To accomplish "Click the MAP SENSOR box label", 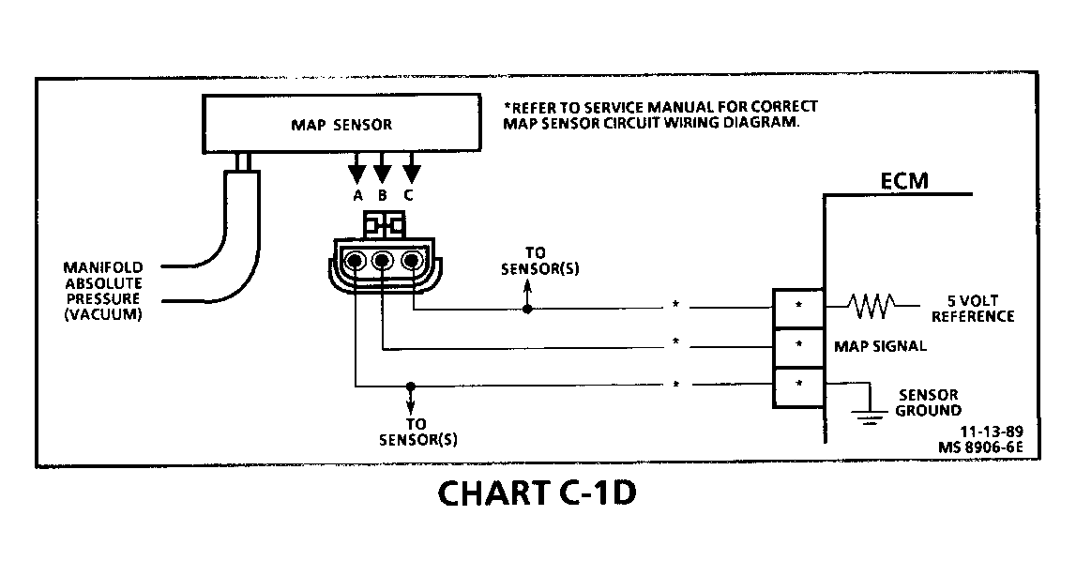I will tap(341, 124).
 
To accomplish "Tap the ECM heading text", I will tap(904, 180).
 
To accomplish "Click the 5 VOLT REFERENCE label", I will tap(972, 309).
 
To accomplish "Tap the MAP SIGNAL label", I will tap(880, 345).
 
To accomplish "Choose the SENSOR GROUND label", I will tap(928, 402).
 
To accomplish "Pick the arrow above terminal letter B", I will tap(383, 170).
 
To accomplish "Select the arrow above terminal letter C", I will tap(410, 170).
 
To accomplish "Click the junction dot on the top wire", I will tap(527, 307).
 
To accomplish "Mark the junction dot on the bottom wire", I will tap(410, 386).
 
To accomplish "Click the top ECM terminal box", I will tap(797, 306).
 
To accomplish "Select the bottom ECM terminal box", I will tap(797, 386).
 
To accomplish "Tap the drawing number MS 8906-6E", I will tap(981, 447).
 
